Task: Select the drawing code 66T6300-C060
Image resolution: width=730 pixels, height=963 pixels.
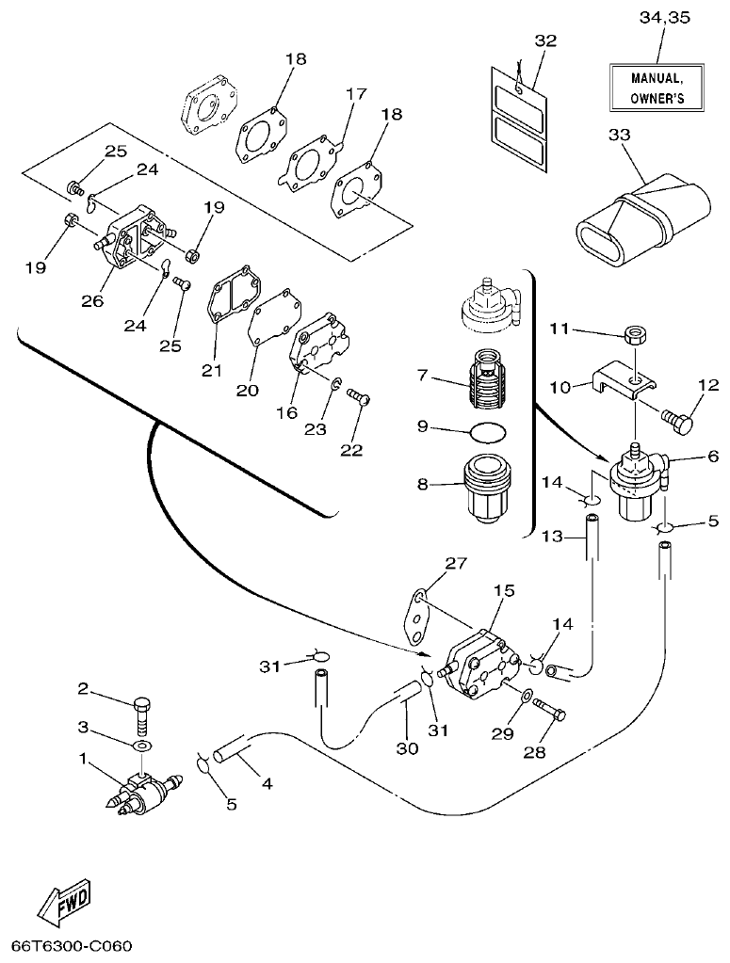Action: (x=72, y=945)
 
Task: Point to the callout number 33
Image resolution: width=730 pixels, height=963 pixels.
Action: (x=619, y=135)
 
